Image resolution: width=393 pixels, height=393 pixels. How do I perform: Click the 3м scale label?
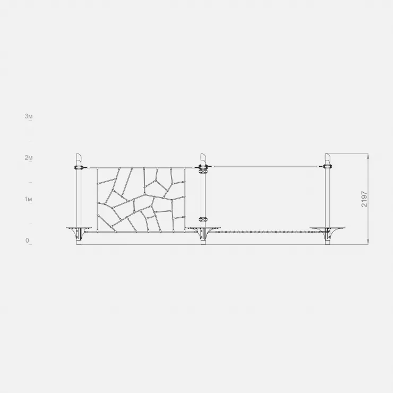(x=29, y=116)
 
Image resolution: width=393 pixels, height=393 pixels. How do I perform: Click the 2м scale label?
(x=29, y=158)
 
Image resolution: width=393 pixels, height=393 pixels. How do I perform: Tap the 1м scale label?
(x=29, y=199)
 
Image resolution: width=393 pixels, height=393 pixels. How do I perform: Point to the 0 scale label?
(x=27, y=241)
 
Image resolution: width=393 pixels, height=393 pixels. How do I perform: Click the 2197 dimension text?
(x=364, y=199)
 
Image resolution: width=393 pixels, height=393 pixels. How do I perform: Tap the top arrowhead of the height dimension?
(x=368, y=156)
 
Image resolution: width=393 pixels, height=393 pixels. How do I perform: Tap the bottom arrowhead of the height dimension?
(x=368, y=241)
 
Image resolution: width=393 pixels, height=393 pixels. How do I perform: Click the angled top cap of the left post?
(x=79, y=158)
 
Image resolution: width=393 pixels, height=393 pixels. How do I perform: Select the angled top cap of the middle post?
(x=203, y=158)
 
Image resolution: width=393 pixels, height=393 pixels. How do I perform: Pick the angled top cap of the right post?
(x=328, y=158)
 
